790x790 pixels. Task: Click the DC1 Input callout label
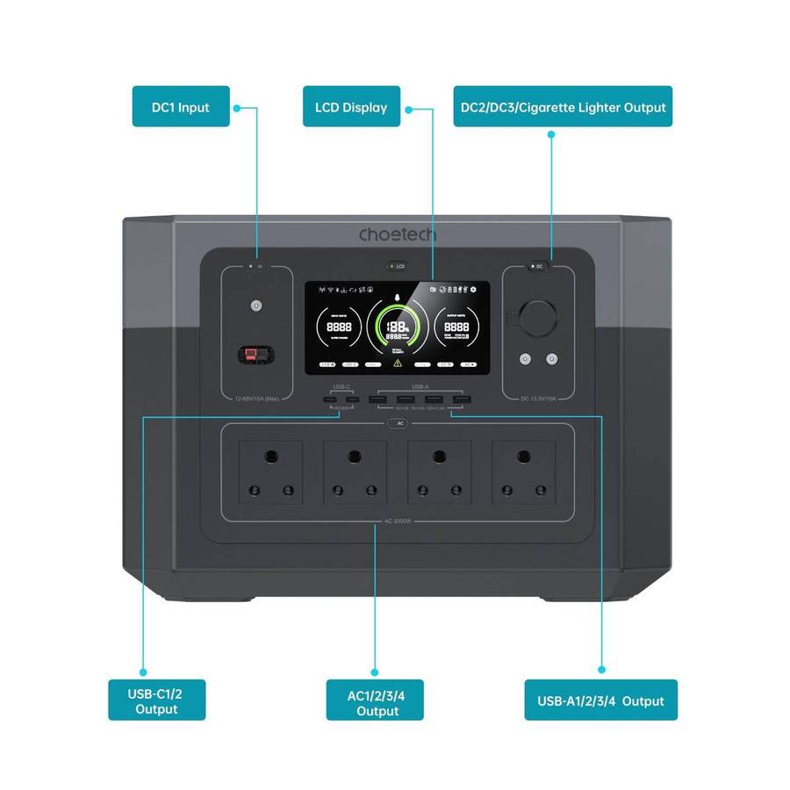[x=181, y=107]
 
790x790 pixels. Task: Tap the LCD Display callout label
[x=351, y=107]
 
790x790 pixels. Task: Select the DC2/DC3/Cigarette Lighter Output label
[x=563, y=107]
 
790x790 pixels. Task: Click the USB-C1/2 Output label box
[x=157, y=700]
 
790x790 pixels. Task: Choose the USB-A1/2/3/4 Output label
[x=600, y=700]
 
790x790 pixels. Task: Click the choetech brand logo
[x=397, y=235]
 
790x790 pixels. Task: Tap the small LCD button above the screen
[x=396, y=265]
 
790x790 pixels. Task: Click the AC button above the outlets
[x=397, y=423]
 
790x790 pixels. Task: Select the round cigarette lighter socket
[x=537, y=319]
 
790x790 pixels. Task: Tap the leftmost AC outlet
[x=269, y=472]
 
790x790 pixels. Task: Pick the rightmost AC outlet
[x=524, y=472]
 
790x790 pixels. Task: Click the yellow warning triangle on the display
[x=398, y=362]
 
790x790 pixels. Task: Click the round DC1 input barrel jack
[x=256, y=306]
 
